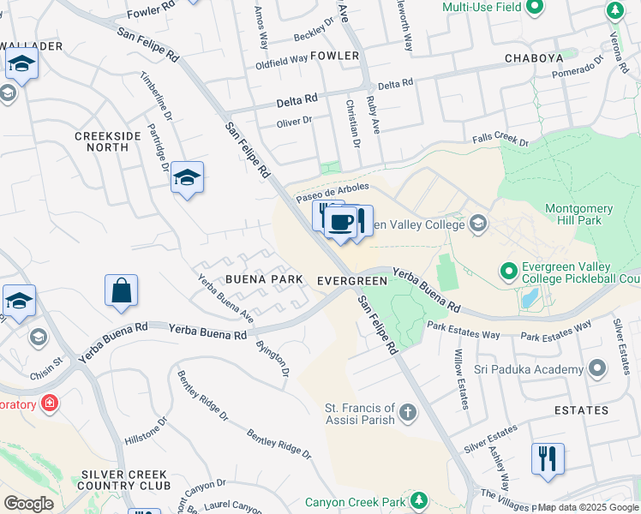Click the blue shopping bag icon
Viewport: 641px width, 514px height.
click(122, 290)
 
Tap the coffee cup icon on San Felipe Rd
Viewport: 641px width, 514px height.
click(341, 223)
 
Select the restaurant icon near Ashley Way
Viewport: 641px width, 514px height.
click(547, 458)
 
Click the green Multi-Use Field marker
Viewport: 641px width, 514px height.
click(535, 9)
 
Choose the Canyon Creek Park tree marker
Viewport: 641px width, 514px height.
click(419, 499)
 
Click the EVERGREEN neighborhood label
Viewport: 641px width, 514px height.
click(351, 281)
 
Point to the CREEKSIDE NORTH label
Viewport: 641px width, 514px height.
click(101, 141)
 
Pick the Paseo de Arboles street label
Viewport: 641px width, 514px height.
click(332, 192)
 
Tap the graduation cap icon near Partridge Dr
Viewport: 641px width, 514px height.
click(187, 177)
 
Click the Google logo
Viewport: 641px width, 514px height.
click(28, 503)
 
